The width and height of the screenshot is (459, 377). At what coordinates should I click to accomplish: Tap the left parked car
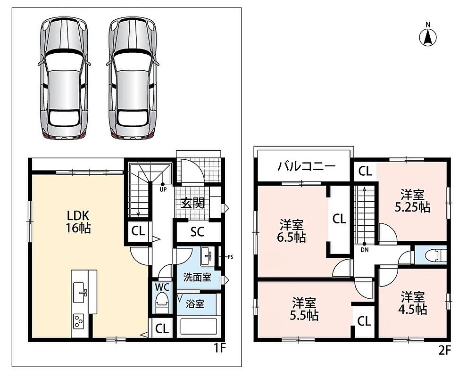64,78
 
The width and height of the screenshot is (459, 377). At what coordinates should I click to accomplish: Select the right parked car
133,78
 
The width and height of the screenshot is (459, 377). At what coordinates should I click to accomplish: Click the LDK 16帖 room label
78,221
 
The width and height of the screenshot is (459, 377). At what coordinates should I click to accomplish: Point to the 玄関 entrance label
192,203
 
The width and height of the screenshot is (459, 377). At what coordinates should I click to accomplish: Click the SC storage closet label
197,232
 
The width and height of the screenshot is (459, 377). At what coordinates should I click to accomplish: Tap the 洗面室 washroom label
197,277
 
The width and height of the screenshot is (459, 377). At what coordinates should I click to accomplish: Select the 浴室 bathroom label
195,304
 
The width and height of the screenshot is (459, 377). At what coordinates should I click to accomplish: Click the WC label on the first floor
162,287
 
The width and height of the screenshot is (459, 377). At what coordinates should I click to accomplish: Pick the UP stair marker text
163,189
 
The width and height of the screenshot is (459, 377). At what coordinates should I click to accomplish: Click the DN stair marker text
365,250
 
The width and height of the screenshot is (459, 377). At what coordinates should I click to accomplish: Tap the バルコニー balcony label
307,166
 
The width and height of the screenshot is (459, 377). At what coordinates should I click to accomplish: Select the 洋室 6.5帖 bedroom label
292,231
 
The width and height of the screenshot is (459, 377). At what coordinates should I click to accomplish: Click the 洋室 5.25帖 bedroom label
412,201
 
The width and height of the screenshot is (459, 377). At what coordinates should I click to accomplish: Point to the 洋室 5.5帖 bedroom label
304,309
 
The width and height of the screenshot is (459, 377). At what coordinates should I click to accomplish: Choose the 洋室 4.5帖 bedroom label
412,303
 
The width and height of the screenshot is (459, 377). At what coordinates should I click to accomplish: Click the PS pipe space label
230,257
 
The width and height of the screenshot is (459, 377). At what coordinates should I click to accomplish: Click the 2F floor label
444,351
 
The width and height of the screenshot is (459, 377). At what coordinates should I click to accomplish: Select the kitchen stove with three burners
78,321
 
